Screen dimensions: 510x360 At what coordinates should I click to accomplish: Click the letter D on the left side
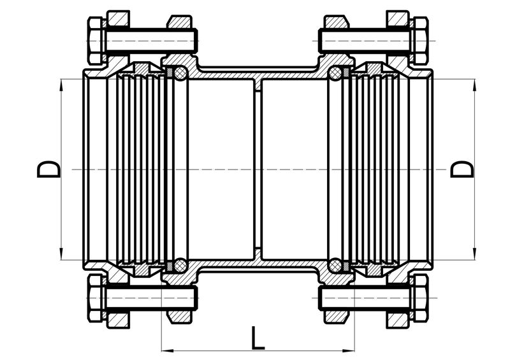pyautogui.click(x=49, y=169)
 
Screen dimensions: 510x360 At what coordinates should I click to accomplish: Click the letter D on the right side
pyautogui.click(x=462, y=169)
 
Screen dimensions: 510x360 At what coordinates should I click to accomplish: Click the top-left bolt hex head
pyautogui.click(x=96, y=41)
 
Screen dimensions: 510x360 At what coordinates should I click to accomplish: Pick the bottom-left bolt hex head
pyautogui.click(x=96, y=298)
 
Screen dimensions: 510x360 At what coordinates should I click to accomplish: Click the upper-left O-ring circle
pyautogui.click(x=180, y=73)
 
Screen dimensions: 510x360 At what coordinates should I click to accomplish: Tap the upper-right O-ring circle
pyautogui.click(x=335, y=73)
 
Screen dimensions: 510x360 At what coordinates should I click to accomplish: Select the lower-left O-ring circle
pyautogui.click(x=180, y=266)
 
